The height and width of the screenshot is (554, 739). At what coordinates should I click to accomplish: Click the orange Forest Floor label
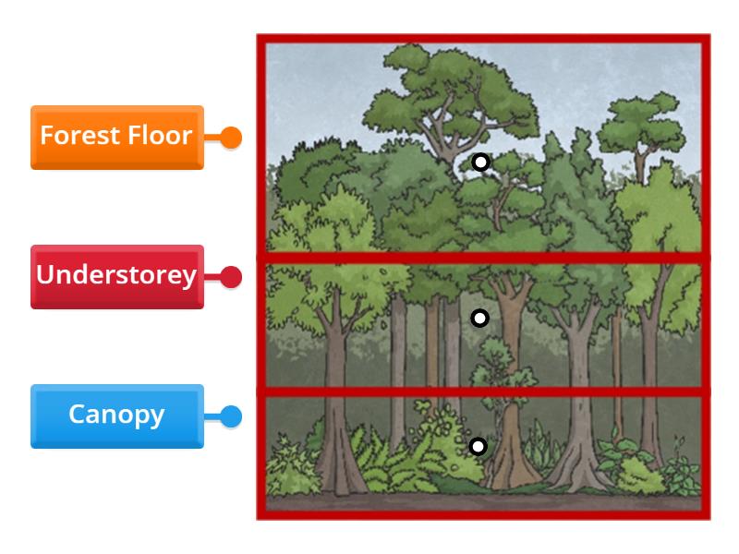click(116, 137)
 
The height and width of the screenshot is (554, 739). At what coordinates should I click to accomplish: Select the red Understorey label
click(116, 276)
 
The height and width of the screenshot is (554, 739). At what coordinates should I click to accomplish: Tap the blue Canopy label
click(116, 415)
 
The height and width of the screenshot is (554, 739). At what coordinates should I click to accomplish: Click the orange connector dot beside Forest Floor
click(232, 138)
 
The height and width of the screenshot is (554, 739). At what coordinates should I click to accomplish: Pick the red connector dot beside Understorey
click(232, 276)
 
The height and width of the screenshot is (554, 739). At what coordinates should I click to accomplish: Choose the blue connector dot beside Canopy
click(232, 416)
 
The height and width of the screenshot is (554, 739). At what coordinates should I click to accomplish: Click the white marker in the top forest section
click(479, 163)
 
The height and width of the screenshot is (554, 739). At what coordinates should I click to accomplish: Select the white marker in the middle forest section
click(479, 319)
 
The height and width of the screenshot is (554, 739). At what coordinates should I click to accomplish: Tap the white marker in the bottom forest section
click(478, 447)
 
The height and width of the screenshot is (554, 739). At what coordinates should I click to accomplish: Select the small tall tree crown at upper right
click(637, 125)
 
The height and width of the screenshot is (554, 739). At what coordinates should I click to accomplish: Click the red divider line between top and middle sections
click(480, 257)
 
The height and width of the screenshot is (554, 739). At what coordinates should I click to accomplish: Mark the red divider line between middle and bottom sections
click(480, 391)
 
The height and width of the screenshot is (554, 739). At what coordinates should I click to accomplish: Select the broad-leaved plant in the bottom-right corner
click(679, 471)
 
